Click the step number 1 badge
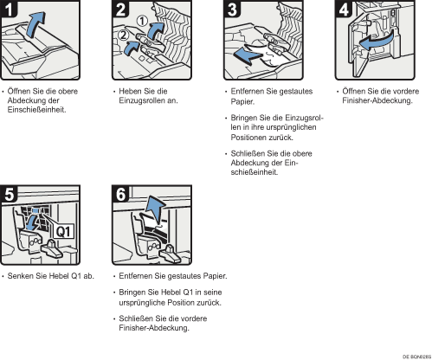pyautogui.click(x=9, y=9)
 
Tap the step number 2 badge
pyautogui.click(x=120, y=9)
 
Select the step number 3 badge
pyautogui.click(x=232, y=9)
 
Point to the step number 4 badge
pyautogui.click(x=344, y=9)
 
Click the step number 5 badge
pyautogui.click(x=9, y=194)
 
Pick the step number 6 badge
pyautogui.click(x=120, y=194)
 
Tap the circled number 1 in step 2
pyautogui.click(x=142, y=21)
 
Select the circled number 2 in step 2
pyautogui.click(x=124, y=35)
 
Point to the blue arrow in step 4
pyautogui.click(x=377, y=41)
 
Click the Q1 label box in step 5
pyautogui.click(x=63, y=231)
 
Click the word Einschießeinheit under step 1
pyautogui.click(x=36, y=110)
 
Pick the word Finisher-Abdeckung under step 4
pyautogui.click(x=377, y=100)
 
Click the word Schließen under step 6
pyautogui.click(x=136, y=318)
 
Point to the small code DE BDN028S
pyautogui.click(x=416, y=357)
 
